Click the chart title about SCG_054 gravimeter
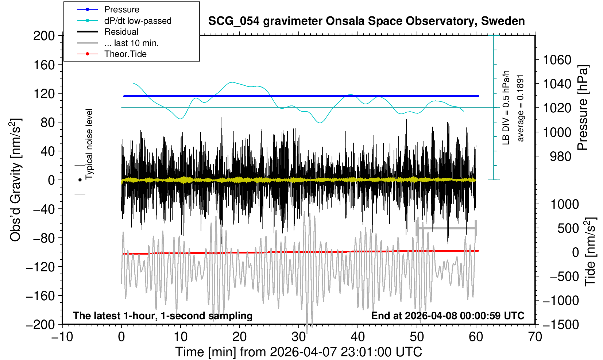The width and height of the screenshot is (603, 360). pyautogui.click(x=366, y=21)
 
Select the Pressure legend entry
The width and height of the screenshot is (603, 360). pyautogui.click(x=121, y=9)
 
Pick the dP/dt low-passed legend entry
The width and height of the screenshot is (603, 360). pyautogui.click(x=138, y=21)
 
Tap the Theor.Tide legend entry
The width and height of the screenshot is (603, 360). pyautogui.click(x=125, y=54)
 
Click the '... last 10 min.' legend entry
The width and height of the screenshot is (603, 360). pyautogui.click(x=131, y=43)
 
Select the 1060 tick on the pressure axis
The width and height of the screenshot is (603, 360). pyautogui.click(x=557, y=59)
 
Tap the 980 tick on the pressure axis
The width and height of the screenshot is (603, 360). pyautogui.click(x=560, y=156)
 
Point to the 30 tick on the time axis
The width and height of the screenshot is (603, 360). pyautogui.click(x=299, y=336)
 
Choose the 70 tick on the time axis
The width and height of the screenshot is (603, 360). pyautogui.click(x=535, y=336)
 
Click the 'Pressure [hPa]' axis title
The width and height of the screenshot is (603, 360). pyautogui.click(x=583, y=108)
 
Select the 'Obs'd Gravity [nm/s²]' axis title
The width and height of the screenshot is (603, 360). pyautogui.click(x=16, y=180)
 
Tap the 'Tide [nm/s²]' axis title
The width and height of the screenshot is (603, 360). pyautogui.click(x=590, y=252)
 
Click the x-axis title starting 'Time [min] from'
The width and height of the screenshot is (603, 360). pyautogui.click(x=298, y=352)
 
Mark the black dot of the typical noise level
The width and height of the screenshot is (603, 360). pyautogui.click(x=80, y=180)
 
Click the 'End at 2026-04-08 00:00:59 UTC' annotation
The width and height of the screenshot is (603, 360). pyautogui.click(x=448, y=316)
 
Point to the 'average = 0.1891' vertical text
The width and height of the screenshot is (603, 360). pyautogui.click(x=521, y=108)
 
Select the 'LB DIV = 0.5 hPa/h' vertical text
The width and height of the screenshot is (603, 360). pyautogui.click(x=506, y=108)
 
